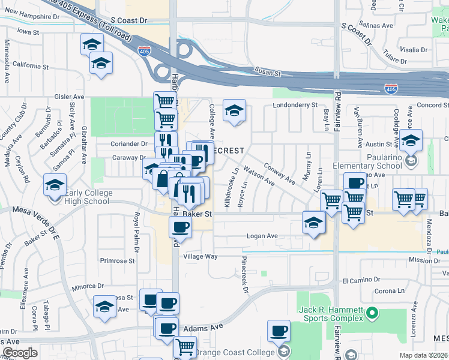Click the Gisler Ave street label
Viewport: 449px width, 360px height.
click(69, 97)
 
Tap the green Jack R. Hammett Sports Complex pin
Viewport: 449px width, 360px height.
click(372, 313)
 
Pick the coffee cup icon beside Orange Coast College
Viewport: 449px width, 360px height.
click(279, 330)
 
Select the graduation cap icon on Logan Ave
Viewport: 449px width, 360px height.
click(313, 223)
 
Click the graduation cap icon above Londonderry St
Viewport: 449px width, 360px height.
click(235, 110)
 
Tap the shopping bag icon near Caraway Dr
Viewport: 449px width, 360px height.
click(163, 178)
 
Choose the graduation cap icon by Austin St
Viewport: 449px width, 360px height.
click(411, 141)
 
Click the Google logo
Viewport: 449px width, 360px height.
click(20, 353)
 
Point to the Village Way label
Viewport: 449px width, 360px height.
click(200, 256)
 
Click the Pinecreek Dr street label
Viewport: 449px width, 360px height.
click(245, 275)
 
